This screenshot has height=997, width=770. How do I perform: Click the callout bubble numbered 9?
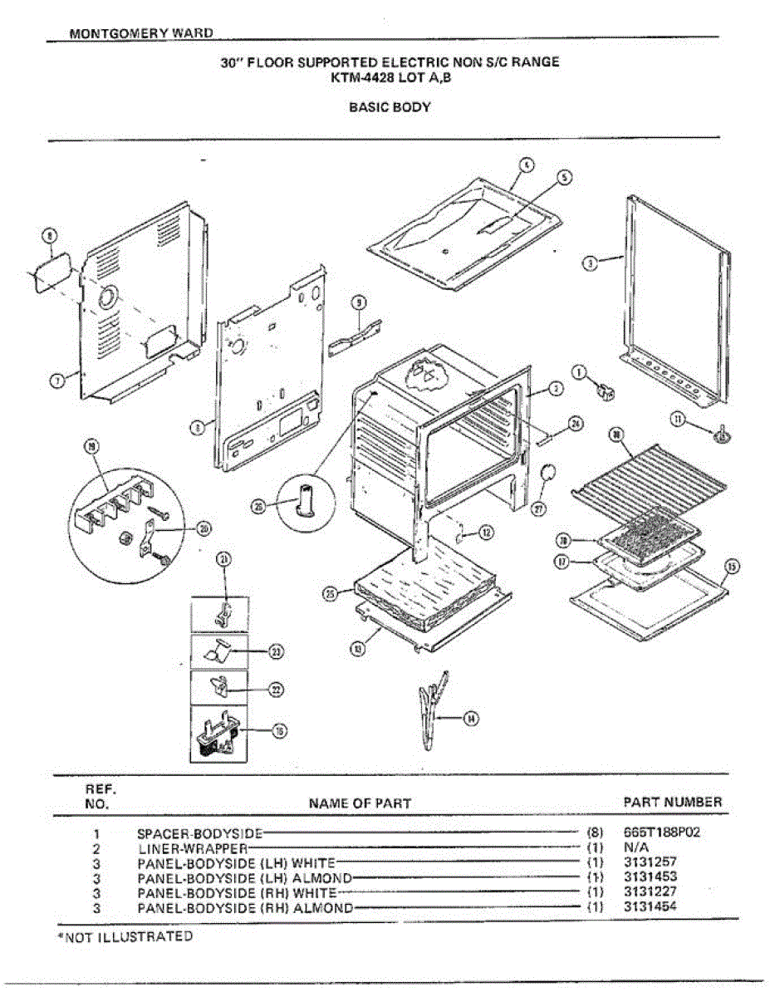pos(359,303)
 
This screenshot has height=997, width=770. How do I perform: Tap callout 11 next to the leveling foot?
pos(679,420)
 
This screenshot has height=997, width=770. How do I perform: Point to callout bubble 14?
pos(471,719)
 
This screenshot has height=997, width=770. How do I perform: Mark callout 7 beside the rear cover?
pos(56,381)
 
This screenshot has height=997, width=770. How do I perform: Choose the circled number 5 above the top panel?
pos(564,177)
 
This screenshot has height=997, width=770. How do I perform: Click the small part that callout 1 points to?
pos(606,390)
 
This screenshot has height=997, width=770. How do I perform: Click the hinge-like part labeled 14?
pos(433,706)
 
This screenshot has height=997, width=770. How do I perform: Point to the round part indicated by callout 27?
pos(547,475)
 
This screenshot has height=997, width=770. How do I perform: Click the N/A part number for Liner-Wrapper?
pos(635,847)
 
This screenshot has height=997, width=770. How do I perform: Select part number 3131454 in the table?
pos(650,906)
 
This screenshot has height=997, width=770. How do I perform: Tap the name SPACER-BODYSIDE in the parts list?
pos(199,832)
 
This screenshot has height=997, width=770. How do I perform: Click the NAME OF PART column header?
pos(360,803)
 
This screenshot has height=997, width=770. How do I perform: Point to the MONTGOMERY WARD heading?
pos(141,34)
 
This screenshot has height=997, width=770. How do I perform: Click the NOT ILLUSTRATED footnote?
pos(125,936)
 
